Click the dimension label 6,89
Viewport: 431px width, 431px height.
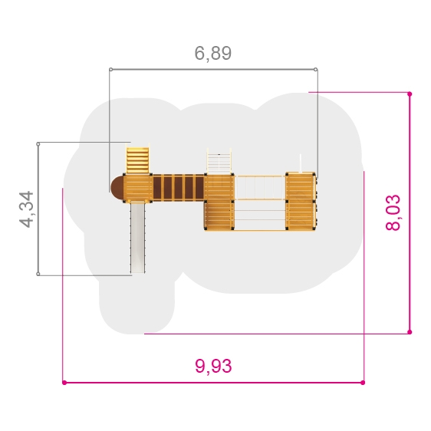click(x=213, y=53)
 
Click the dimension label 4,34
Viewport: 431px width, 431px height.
click(x=27, y=209)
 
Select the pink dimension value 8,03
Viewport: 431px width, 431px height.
click(x=393, y=212)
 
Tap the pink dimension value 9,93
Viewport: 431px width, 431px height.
click(x=213, y=366)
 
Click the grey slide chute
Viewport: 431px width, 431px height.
click(x=137, y=238)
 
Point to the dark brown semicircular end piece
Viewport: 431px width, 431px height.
click(x=117, y=189)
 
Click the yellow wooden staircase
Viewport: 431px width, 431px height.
click(x=137, y=160)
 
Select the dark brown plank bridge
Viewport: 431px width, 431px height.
click(x=179, y=188)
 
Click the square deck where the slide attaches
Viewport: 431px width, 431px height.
click(x=137, y=189)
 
